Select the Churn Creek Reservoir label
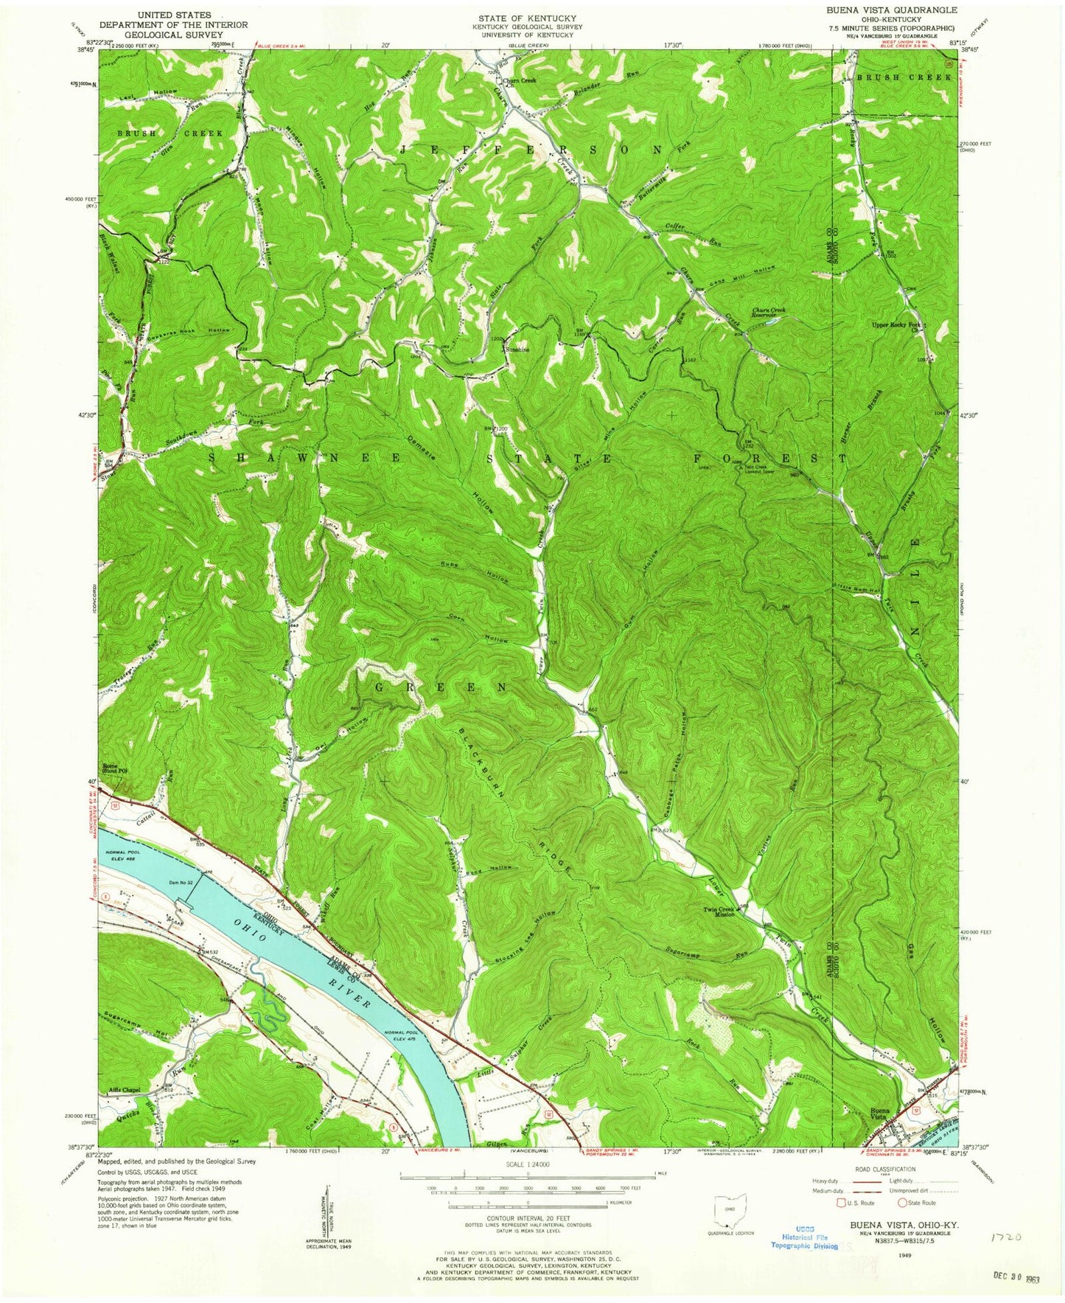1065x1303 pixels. (769, 314)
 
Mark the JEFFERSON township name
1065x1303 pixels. (531, 149)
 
